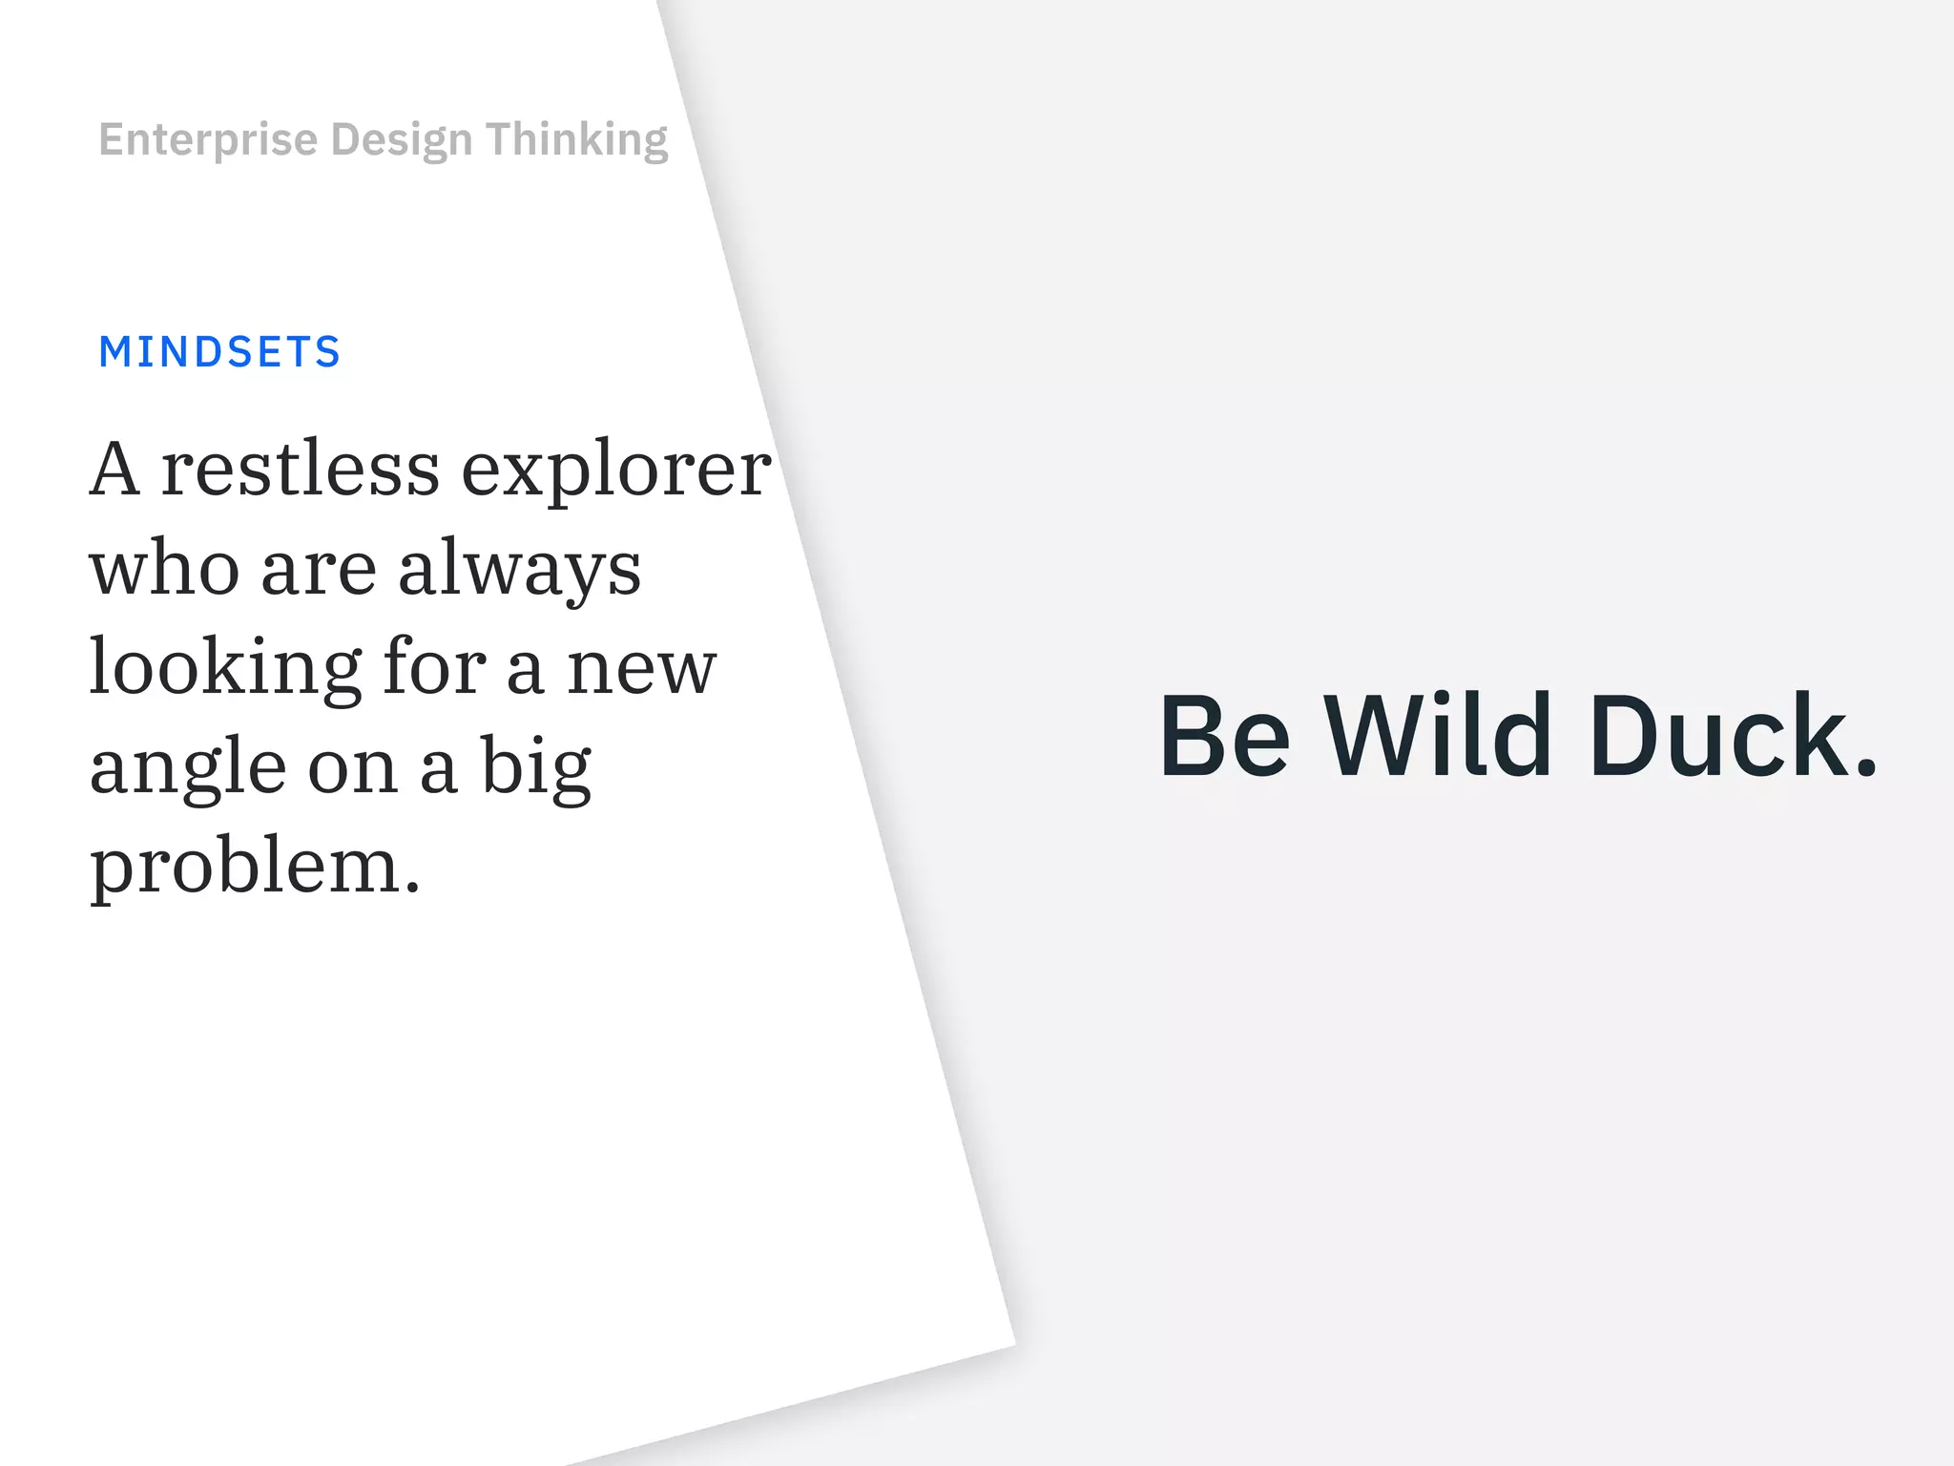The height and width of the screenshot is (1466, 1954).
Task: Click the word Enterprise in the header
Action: point(208,140)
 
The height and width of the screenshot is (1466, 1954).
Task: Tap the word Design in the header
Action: point(401,140)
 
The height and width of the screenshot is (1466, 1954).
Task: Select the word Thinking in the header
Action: point(576,140)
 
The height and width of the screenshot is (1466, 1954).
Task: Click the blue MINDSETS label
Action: point(219,352)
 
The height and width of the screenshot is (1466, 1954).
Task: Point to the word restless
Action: point(300,470)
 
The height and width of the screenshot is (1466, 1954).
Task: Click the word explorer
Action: point(616,471)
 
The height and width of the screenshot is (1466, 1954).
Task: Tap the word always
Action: point(519,571)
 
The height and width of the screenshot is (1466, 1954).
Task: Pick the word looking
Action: point(225,668)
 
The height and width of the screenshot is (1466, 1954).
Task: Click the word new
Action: point(641,668)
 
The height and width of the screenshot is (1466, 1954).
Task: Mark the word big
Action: point(535,767)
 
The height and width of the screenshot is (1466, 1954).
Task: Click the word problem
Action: point(254,867)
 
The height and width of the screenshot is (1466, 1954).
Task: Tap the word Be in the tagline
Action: point(1225,736)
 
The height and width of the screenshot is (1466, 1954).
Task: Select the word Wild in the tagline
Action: point(1438,736)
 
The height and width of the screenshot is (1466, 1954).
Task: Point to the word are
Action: point(319,571)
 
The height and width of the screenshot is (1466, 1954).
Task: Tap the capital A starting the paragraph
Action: point(114,470)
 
